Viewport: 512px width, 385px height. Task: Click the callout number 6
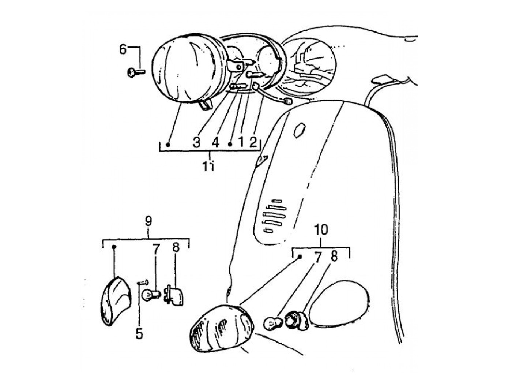tap(123, 49)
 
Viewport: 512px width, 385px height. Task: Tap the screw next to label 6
tap(135, 72)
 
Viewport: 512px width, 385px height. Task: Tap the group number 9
tap(148, 221)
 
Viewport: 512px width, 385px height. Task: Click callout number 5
tap(139, 334)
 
